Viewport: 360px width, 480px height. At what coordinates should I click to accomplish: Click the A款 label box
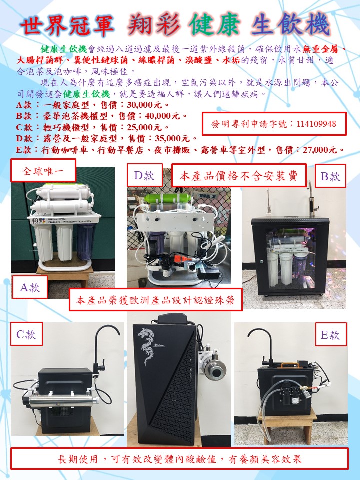pyautogui.click(x=29, y=287)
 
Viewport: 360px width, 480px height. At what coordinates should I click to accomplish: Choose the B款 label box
pyautogui.click(x=330, y=176)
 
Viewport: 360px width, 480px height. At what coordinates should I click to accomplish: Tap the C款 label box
pyautogui.click(x=26, y=334)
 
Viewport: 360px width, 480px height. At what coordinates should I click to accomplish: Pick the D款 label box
pyautogui.click(x=144, y=175)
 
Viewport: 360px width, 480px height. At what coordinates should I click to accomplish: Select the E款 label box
pyautogui.click(x=331, y=334)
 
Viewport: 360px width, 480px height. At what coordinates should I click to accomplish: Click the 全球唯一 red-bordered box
pyautogui.click(x=43, y=171)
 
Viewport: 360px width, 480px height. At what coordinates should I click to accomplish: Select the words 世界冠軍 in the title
pyautogui.click(x=67, y=25)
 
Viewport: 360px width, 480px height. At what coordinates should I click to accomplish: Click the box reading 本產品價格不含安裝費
pyautogui.click(x=239, y=175)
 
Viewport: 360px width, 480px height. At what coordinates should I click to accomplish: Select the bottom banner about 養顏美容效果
pyautogui.click(x=179, y=459)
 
